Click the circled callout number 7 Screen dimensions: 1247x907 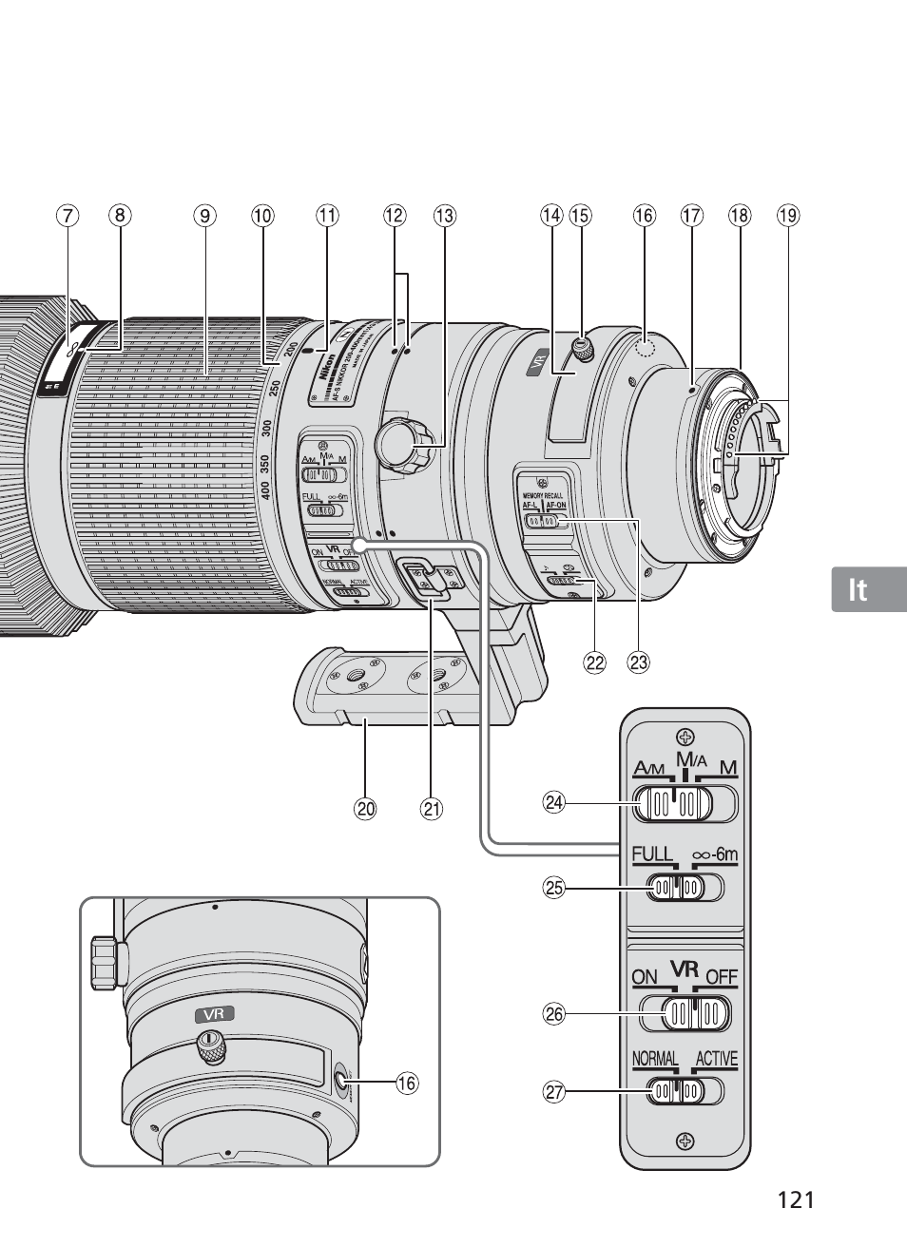click(66, 216)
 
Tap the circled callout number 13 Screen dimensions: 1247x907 click(444, 216)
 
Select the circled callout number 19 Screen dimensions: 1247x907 click(787, 216)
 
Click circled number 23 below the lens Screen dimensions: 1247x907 click(639, 662)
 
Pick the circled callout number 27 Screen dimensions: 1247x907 click(553, 1092)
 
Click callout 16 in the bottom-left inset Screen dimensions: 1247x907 click(407, 1083)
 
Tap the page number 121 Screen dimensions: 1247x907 click(795, 1199)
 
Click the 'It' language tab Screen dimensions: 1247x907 click(859, 589)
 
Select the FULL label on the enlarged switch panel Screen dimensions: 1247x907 click(652, 854)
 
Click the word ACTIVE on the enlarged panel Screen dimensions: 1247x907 click(716, 1059)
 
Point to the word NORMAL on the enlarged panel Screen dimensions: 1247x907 click(655, 1059)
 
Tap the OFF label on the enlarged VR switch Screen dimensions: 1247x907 click(722, 977)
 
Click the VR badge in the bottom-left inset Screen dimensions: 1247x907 click(214, 1014)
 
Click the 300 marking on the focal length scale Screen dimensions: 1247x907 click(267, 428)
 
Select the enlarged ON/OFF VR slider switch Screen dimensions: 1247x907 click(685, 1013)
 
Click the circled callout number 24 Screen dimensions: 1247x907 click(553, 802)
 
